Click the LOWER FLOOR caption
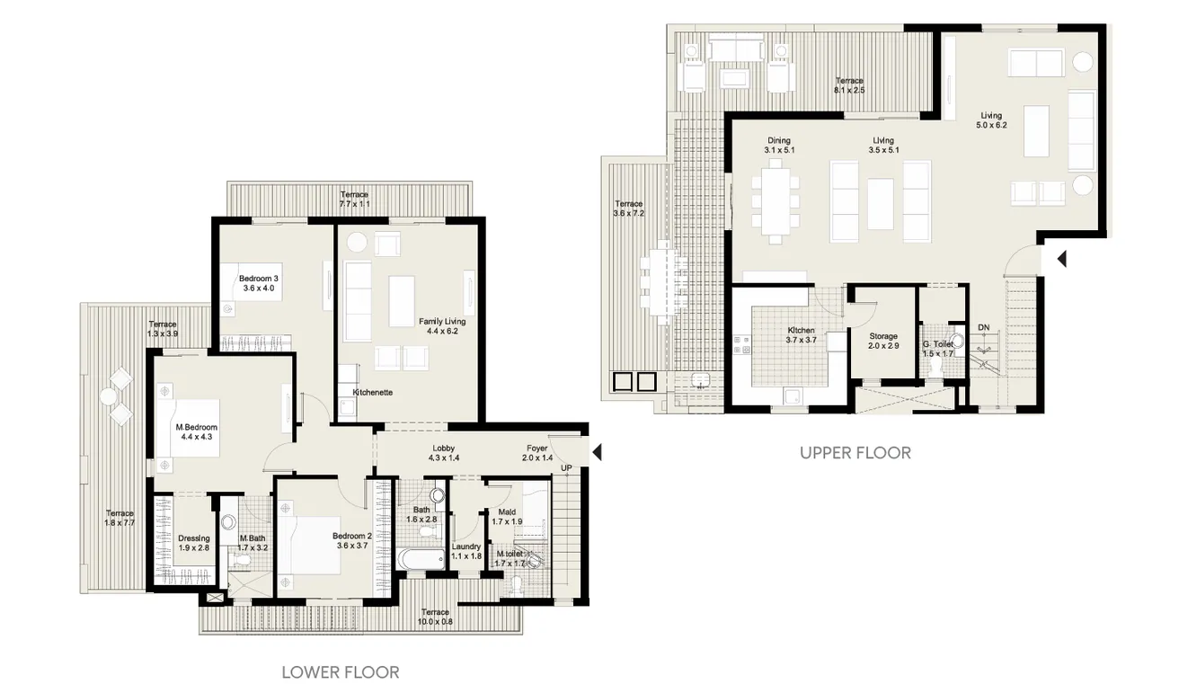coord(341,671)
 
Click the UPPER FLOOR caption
coord(855,453)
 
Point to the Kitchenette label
coord(371,393)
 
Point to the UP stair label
coord(566,468)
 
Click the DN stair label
coord(984,327)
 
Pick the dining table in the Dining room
coord(775,204)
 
